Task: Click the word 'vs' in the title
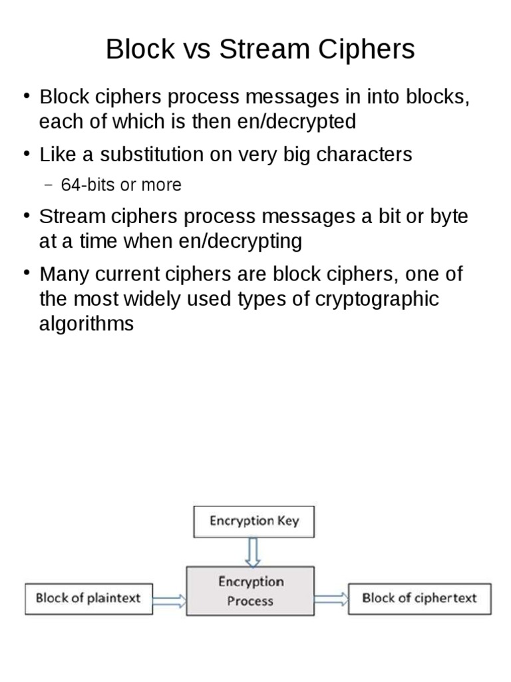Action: click(196, 50)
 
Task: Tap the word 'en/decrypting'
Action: click(240, 241)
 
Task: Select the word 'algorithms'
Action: click(86, 324)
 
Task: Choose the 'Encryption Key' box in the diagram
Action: click(254, 521)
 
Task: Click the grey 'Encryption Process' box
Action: click(250, 591)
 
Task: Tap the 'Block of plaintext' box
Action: click(88, 598)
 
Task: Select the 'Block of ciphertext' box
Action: click(419, 598)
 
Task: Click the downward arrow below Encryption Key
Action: click(254, 551)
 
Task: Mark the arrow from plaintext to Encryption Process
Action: click(169, 599)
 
